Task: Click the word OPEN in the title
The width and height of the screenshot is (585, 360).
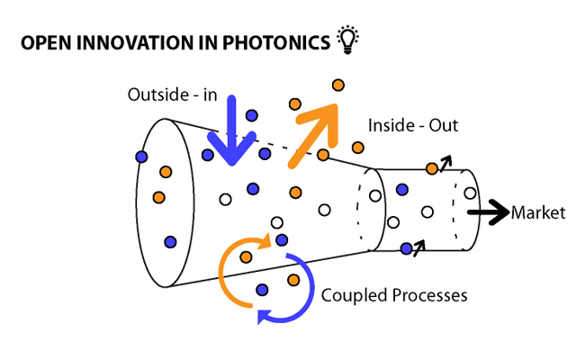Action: point(44,42)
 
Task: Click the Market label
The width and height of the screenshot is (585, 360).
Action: point(538,213)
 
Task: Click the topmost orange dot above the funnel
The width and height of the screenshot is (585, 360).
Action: point(338,85)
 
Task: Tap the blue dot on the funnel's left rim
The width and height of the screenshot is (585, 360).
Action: point(140,157)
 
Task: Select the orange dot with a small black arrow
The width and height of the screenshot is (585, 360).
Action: point(432,167)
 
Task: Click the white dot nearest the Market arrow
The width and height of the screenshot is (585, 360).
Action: point(469,193)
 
